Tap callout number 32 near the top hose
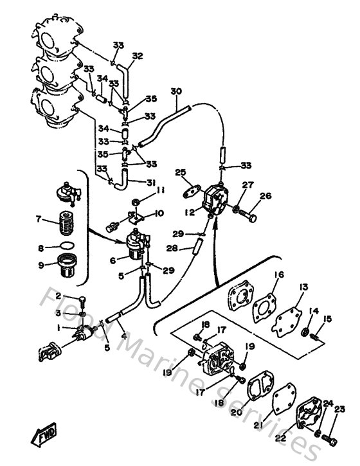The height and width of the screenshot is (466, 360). point(137,56)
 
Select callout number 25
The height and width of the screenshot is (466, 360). point(181,172)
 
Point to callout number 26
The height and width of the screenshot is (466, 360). point(265,196)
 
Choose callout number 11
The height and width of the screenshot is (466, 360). point(161,190)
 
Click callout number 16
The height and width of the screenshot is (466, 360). point(278,274)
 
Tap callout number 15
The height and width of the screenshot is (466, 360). point(328,319)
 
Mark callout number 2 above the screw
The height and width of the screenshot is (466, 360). point(58,296)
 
